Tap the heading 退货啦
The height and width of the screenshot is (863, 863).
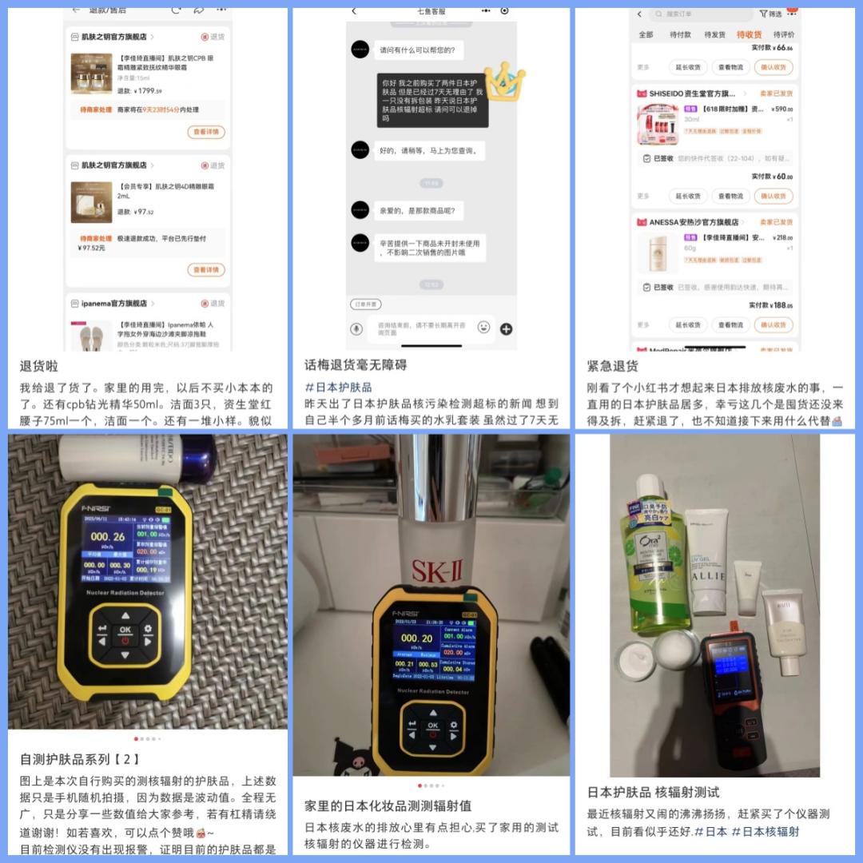(39, 367)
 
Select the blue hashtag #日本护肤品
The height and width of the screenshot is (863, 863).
(338, 387)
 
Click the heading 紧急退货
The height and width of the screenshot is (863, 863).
(612, 367)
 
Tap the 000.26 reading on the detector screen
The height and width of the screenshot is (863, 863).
(107, 537)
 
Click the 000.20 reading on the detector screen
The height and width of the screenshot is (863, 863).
(416, 638)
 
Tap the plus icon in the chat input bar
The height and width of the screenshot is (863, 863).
(506, 328)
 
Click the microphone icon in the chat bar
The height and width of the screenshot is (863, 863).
(356, 328)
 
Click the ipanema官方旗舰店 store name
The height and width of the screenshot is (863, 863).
(114, 304)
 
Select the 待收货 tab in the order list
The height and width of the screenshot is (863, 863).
(749, 35)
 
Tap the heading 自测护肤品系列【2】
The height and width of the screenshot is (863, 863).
(80, 759)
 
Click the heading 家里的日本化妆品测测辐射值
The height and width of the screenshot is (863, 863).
(388, 805)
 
